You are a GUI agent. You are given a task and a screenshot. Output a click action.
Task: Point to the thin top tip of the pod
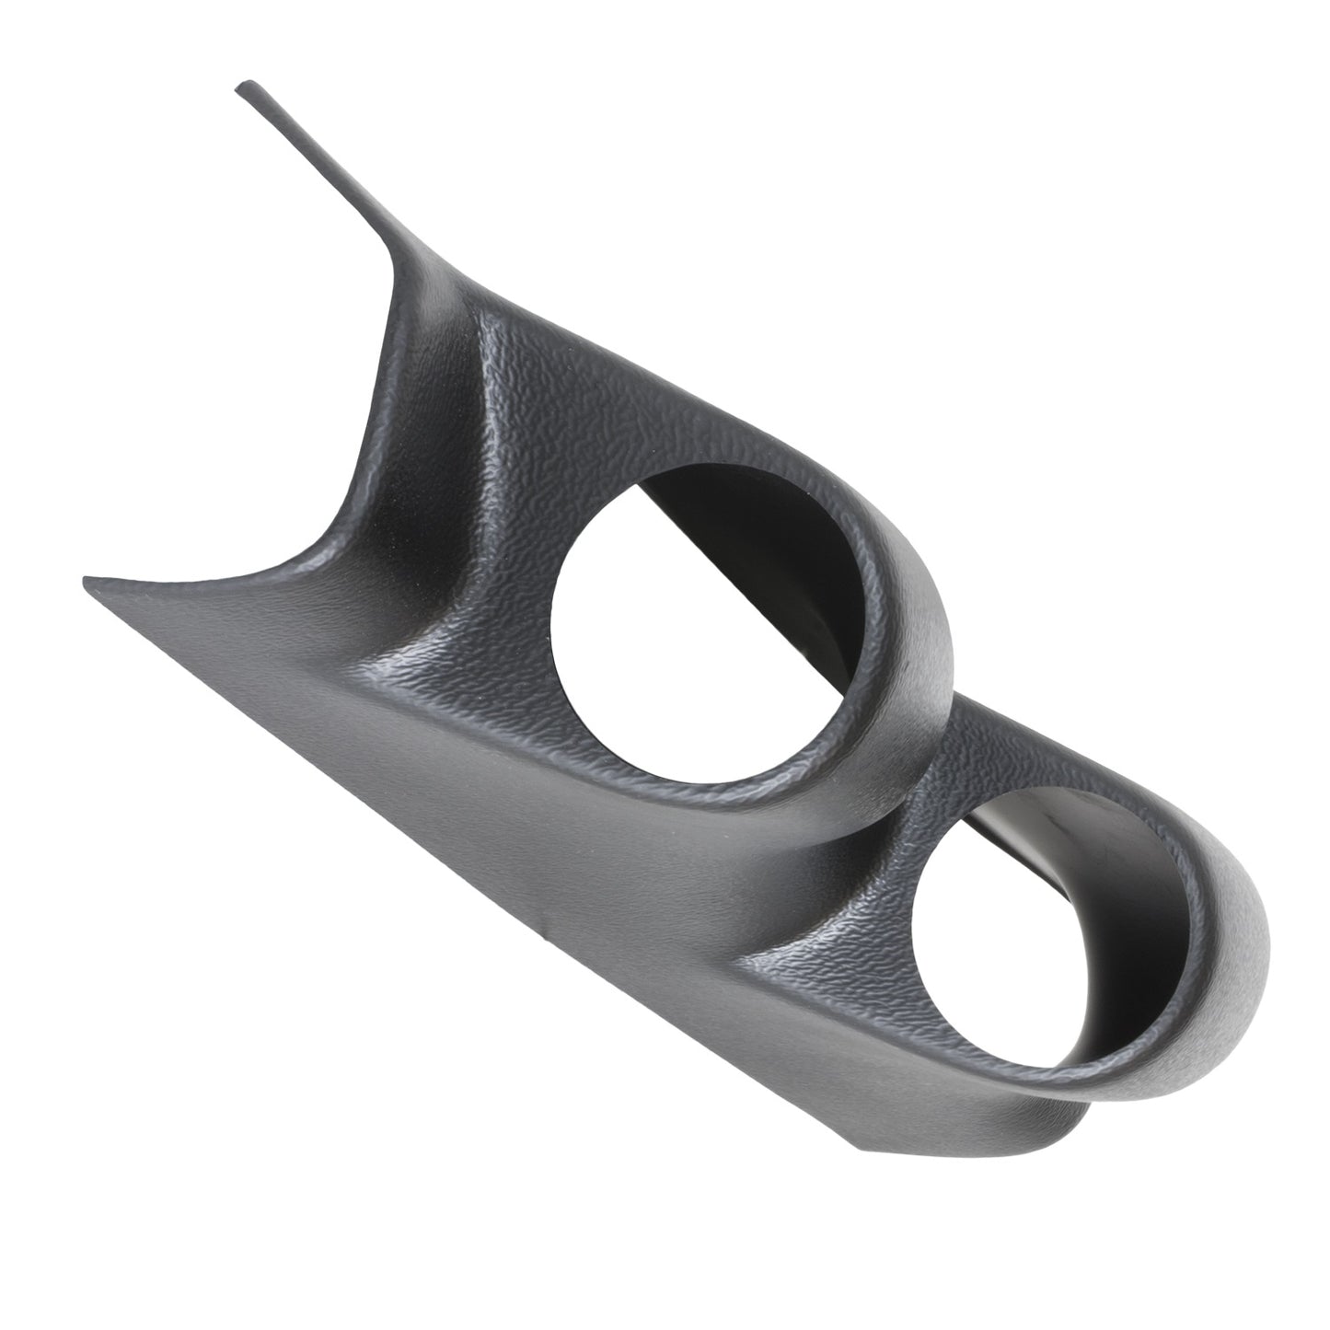pyautogui.click(x=247, y=89)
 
